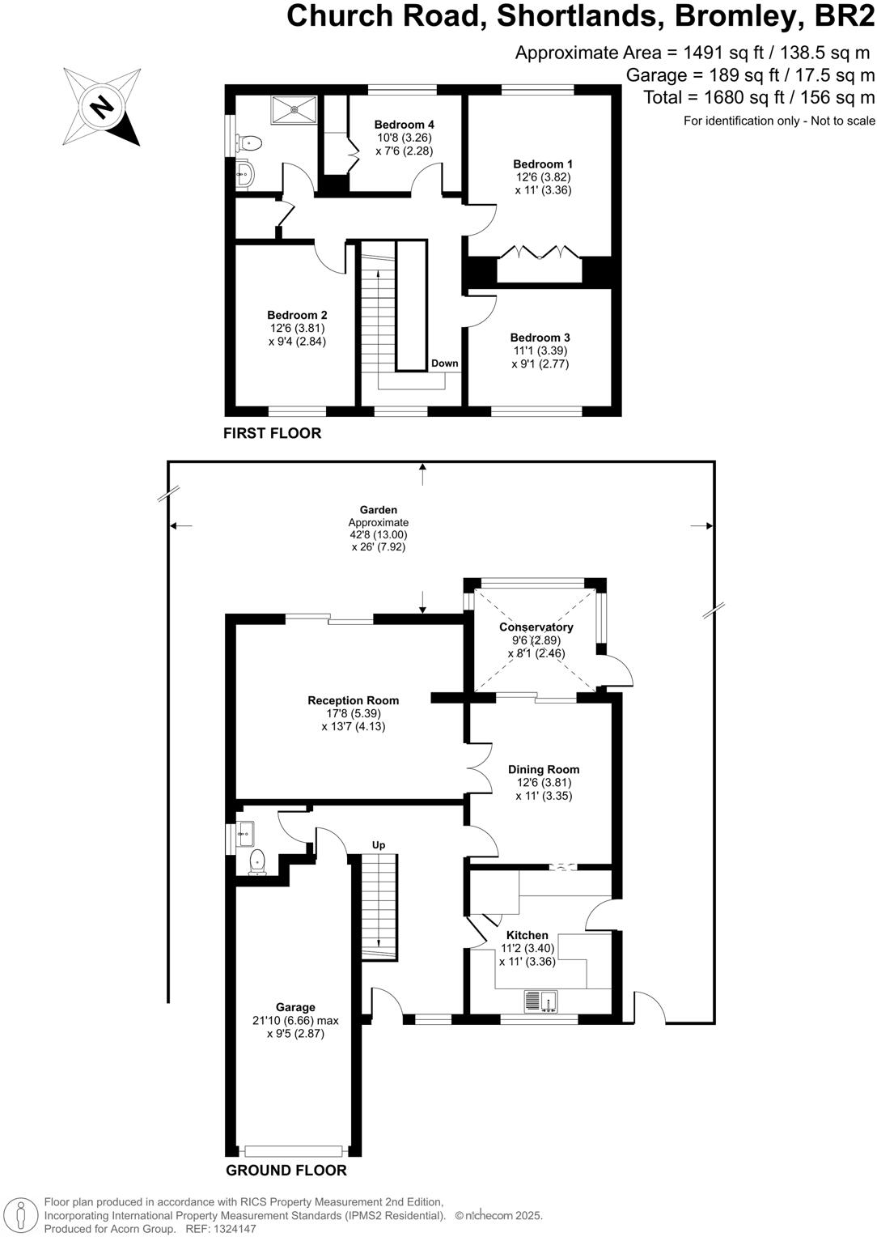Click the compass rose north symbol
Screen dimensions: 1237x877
point(102,106)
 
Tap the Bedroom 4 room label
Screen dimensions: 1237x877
point(404,125)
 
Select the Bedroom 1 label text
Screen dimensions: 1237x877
point(542,164)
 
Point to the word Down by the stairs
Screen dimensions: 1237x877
point(444,363)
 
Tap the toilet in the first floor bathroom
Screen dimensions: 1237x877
point(248,143)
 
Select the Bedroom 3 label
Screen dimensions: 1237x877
point(540,338)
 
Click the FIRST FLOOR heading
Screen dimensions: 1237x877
point(272,433)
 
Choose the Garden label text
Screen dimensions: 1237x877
point(378,510)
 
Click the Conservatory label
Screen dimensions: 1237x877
point(536,627)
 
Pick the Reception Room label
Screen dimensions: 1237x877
point(353,700)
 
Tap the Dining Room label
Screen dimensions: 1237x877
point(543,770)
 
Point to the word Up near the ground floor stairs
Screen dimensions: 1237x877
point(378,845)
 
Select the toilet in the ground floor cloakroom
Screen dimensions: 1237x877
point(257,861)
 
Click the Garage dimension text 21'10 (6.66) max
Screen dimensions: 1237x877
point(294,1021)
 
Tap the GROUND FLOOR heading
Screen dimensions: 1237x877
point(286,1171)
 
